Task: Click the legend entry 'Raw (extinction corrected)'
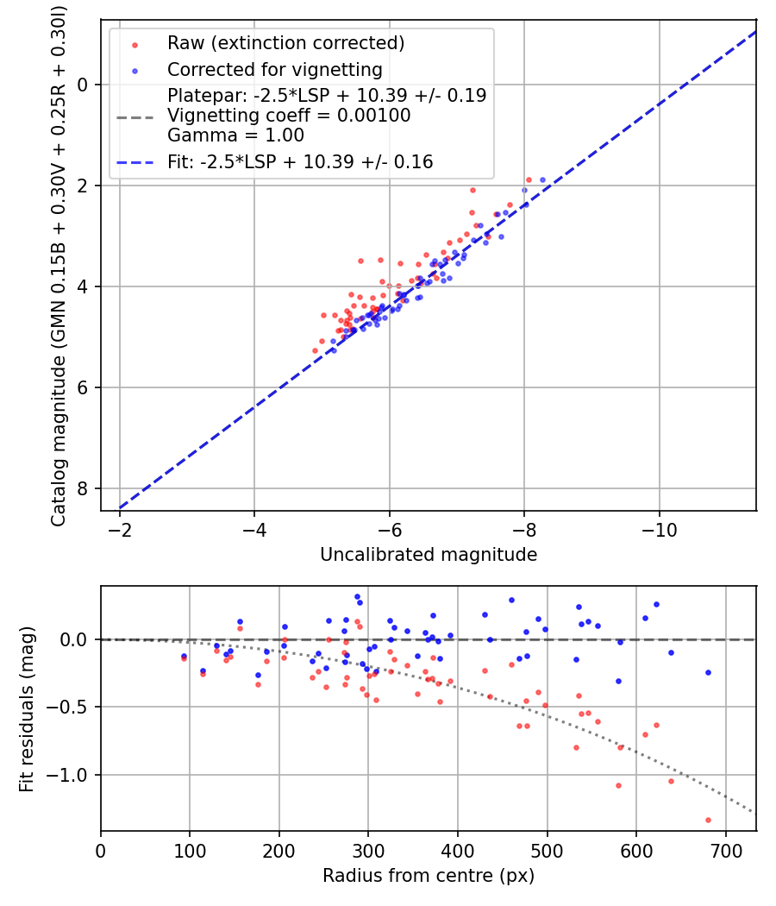(285, 43)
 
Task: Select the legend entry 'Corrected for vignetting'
(274, 69)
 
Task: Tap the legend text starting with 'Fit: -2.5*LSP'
(300, 161)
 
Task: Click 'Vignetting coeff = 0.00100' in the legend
(289, 116)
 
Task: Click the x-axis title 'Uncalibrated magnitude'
(429, 555)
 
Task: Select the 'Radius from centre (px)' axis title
(429, 876)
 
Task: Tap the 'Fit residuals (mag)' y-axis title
(27, 708)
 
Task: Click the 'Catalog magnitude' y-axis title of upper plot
(59, 264)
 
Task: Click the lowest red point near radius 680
(708, 820)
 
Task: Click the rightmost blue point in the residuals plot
(708, 672)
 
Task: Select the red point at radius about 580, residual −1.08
(618, 785)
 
